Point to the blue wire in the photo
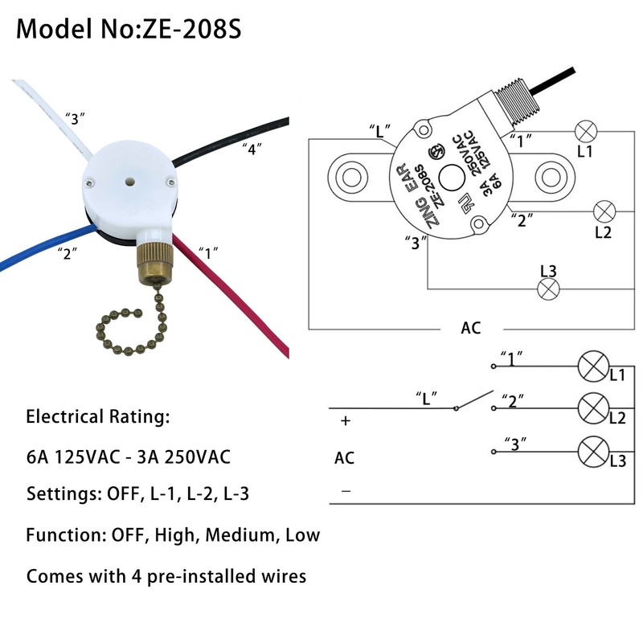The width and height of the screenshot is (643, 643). point(40,253)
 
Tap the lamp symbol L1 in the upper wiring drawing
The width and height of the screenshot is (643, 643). point(585,130)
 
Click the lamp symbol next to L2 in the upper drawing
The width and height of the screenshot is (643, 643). point(604,212)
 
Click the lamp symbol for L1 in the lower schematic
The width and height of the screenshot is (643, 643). point(593,367)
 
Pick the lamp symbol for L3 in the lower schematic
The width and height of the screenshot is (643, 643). point(593,452)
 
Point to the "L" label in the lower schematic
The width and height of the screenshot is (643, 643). point(426,396)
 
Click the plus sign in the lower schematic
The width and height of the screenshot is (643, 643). point(346,420)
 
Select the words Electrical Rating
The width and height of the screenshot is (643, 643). point(98,417)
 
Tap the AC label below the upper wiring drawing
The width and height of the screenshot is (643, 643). point(471,328)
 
